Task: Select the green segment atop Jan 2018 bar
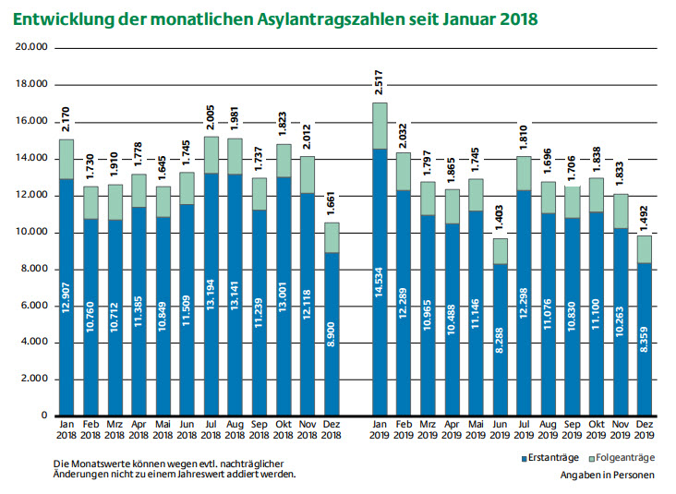click(66, 159)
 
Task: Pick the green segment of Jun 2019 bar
click(500, 251)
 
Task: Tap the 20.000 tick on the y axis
click(32, 48)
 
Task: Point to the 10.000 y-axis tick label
click(32, 232)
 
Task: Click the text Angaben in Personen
click(606, 475)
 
